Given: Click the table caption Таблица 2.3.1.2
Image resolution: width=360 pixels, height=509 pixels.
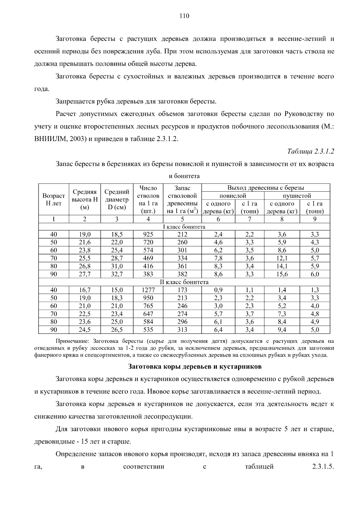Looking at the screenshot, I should pos(310,151).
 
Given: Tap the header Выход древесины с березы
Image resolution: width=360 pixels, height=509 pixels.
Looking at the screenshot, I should pos(265,188).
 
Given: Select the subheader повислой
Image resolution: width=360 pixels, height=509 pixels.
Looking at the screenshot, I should pos(233,196).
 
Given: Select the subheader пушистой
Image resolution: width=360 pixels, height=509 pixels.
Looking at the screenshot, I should pos(297,196).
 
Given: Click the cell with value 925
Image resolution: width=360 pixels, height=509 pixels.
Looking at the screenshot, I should pos(148,235).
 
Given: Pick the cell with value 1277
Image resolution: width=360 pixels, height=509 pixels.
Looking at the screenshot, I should pos(148,290).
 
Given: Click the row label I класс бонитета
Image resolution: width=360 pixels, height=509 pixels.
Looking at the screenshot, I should pos(184,227).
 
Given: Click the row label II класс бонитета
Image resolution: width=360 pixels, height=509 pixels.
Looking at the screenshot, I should pos(184,282).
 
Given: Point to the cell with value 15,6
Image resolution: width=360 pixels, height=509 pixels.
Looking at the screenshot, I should pos(282,274).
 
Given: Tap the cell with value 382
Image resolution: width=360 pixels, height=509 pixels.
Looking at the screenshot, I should pos(182,274).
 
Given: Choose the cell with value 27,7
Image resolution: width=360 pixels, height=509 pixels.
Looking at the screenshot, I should pos(85,274).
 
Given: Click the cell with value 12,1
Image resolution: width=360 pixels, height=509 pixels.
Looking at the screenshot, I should pos(282,258).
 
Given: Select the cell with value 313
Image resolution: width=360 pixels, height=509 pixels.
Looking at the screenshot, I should pos(182,330).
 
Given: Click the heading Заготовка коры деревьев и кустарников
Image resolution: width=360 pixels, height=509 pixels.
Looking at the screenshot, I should pos(195,367).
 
